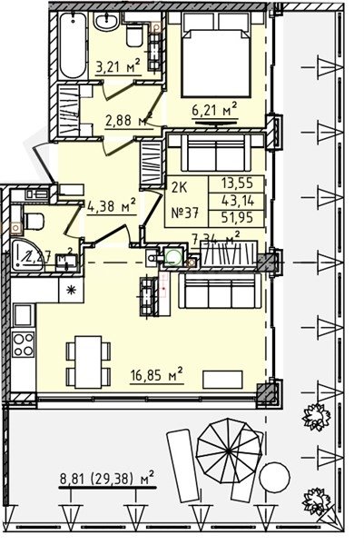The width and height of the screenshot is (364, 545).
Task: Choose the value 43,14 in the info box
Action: click(227, 197)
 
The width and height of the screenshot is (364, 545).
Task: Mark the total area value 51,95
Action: click(227, 215)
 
